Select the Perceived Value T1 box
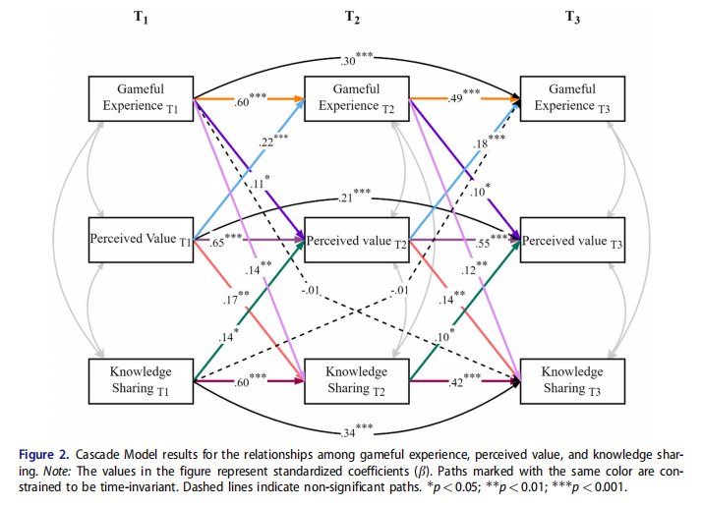pyautogui.click(x=140, y=239)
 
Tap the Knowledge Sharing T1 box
pyautogui.click(x=140, y=380)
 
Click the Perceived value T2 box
pyautogui.click(x=355, y=239)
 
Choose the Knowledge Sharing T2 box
pyautogui.click(x=355, y=380)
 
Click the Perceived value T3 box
pyautogui.click(x=570, y=239)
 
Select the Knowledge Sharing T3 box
pyautogui.click(x=570, y=380)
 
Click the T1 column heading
pyautogui.click(x=141, y=17)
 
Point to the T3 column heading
pyautogui.click(x=570, y=17)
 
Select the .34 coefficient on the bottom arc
pyautogui.click(x=347, y=429)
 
